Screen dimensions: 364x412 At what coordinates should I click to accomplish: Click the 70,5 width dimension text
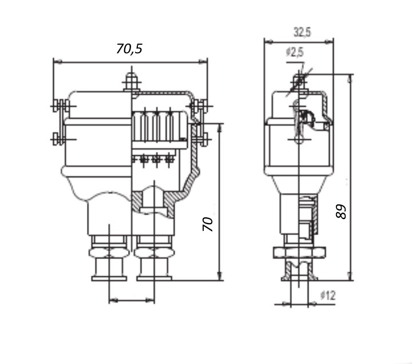(129, 49)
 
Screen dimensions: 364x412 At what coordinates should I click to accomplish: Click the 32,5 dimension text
(302, 33)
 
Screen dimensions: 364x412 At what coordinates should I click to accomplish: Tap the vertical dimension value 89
(342, 212)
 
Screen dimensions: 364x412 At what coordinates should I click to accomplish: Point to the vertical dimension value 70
(209, 224)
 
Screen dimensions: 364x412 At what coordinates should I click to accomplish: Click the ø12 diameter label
(328, 296)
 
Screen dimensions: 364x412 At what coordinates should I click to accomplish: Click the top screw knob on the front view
(132, 80)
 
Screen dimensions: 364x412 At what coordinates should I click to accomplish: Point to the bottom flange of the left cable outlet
(109, 279)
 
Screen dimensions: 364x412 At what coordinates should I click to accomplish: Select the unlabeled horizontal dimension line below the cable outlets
(132, 300)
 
